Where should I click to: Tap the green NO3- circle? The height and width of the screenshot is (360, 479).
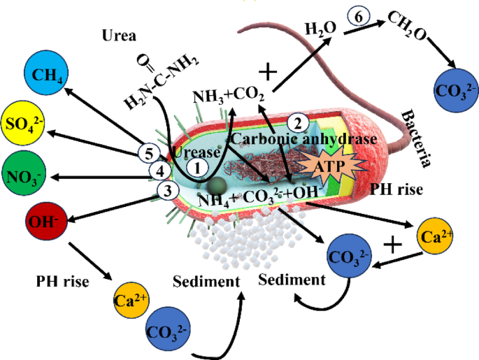pos(24,172)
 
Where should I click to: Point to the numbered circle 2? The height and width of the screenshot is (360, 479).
pos(299,124)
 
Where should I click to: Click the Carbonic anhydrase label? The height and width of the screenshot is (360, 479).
pos(303,140)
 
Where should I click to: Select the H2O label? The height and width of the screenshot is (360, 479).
pos(320,29)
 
